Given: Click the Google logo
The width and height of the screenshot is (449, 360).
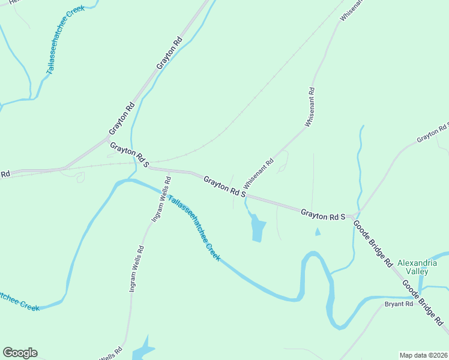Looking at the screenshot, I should (x=20, y=353).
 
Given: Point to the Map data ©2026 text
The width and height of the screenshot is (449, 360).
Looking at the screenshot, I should (x=423, y=355).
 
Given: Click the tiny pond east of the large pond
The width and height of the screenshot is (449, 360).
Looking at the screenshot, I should (x=317, y=232).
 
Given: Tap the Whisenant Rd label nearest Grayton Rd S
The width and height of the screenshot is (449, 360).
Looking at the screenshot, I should (x=259, y=173).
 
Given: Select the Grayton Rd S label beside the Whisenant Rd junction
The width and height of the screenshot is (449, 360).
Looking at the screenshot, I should (x=224, y=186).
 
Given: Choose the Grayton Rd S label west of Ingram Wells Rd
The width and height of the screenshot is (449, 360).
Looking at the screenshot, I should (x=128, y=152).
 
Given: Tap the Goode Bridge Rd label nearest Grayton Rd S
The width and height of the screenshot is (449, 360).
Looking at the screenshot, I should (x=372, y=244).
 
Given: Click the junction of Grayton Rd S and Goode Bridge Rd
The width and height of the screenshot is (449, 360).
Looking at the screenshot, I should (x=354, y=215).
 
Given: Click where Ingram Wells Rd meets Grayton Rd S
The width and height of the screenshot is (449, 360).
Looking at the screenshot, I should (x=169, y=170).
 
